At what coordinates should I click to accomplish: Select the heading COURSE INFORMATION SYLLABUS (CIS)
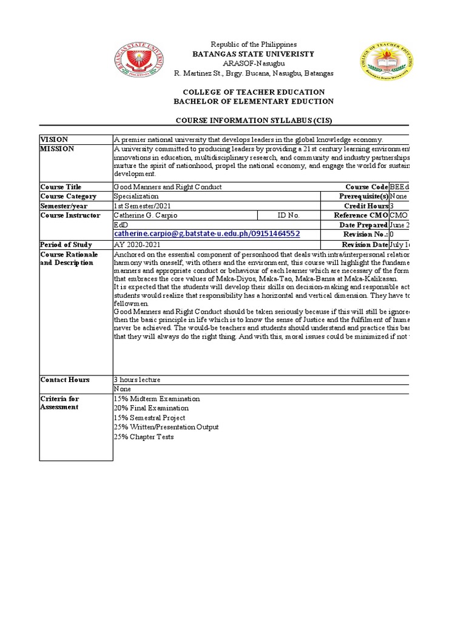pyautogui.click(x=254, y=121)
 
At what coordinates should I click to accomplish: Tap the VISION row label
pyautogui.click(x=55, y=139)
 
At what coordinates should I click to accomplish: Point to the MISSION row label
pyautogui.click(x=58, y=149)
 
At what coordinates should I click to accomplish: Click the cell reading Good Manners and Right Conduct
pyautogui.click(x=168, y=187)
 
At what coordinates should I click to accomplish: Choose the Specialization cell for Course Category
pyautogui.click(x=137, y=196)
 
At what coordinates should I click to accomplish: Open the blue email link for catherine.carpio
pyautogui.click(x=207, y=234)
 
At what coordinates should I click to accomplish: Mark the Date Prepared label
pyautogui.click(x=363, y=225)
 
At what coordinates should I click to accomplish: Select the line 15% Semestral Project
pyautogui.click(x=150, y=418)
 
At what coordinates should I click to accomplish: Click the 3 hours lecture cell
pyautogui.click(x=137, y=380)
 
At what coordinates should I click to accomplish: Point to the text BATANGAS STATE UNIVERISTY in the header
pyautogui.click(x=253, y=54)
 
